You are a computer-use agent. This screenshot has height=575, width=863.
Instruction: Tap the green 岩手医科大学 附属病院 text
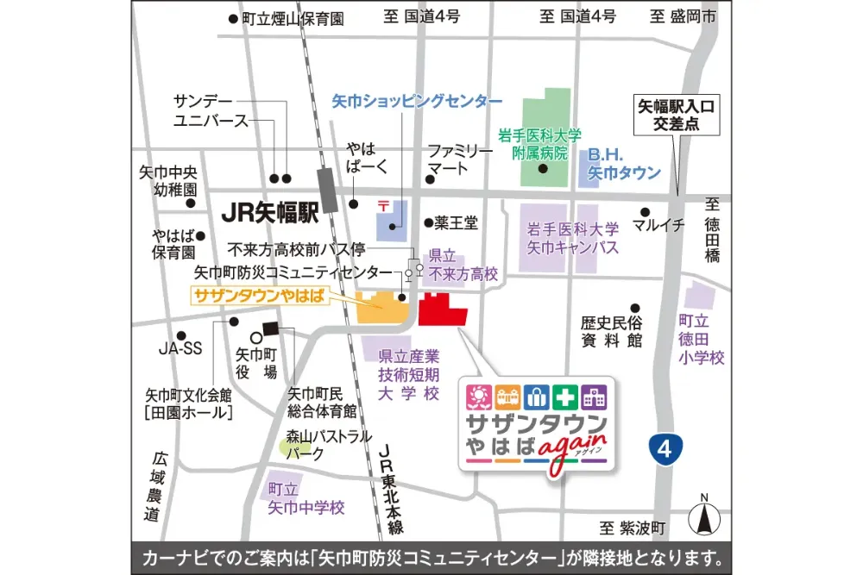pos(540,143)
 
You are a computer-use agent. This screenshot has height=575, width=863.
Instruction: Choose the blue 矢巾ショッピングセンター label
pos(417,101)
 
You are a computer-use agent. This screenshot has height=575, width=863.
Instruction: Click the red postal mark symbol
pos(383,206)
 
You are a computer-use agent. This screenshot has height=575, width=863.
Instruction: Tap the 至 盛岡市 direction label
pos(683,16)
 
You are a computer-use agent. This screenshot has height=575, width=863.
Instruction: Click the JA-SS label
pos(180,349)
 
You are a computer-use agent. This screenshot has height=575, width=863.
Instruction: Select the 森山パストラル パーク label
pos(331,444)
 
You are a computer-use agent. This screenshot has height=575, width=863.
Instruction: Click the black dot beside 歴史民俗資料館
pos(635,308)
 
